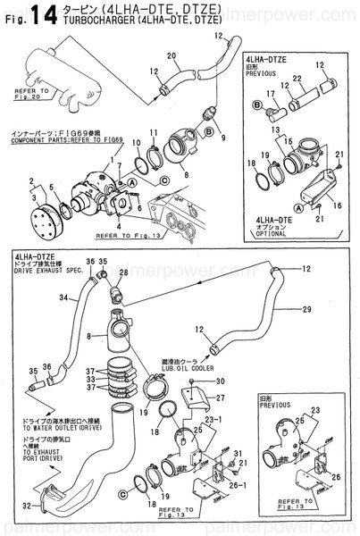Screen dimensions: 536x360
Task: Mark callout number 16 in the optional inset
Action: (336, 205)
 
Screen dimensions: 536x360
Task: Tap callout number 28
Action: (123, 272)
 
